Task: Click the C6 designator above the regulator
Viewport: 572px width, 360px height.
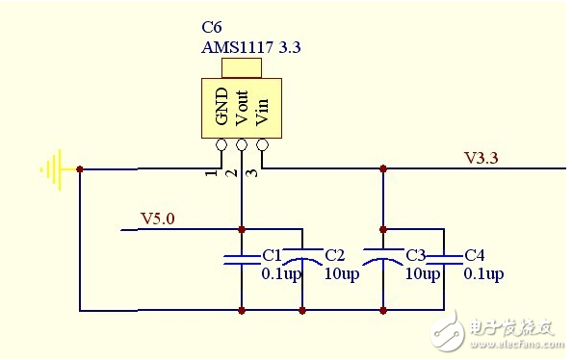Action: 212,28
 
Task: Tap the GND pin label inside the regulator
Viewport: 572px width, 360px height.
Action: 222,109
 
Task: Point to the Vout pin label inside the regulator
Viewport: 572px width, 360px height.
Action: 242,109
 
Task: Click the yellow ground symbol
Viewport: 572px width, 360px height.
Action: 52,169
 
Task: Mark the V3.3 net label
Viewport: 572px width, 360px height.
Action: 481,157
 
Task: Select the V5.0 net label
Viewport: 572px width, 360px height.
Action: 158,219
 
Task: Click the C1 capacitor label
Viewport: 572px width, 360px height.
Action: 272,256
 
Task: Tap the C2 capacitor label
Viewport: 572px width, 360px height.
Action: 335,256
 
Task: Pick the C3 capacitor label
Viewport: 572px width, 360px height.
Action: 416,256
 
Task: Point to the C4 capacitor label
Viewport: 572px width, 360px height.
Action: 474,256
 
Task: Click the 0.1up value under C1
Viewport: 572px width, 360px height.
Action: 281,274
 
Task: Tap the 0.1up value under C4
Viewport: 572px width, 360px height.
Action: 483,274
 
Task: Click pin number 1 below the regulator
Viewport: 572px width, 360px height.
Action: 209,173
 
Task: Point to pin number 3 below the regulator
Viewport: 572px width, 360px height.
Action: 250,173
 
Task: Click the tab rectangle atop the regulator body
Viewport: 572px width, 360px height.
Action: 242,68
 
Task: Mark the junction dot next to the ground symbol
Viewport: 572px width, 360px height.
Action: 80,169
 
